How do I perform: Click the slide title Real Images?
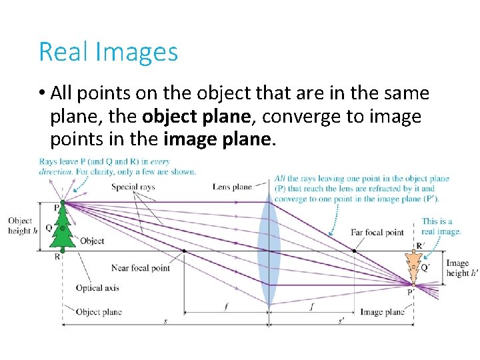pos(108,51)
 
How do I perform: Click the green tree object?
pos(63,227)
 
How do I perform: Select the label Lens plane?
pos(232,187)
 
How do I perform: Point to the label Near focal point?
pos(141,268)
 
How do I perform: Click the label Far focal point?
pos(377,233)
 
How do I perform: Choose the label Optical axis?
pos(97,288)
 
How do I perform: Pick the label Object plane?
pos(99,311)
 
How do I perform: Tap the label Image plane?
pos(382,311)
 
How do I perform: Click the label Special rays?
pos(133,187)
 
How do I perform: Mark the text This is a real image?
pos(441,227)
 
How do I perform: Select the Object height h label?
pos(21,225)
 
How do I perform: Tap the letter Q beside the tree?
pos(49,227)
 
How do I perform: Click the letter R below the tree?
pos(57,256)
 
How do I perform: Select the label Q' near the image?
pos(425,268)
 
